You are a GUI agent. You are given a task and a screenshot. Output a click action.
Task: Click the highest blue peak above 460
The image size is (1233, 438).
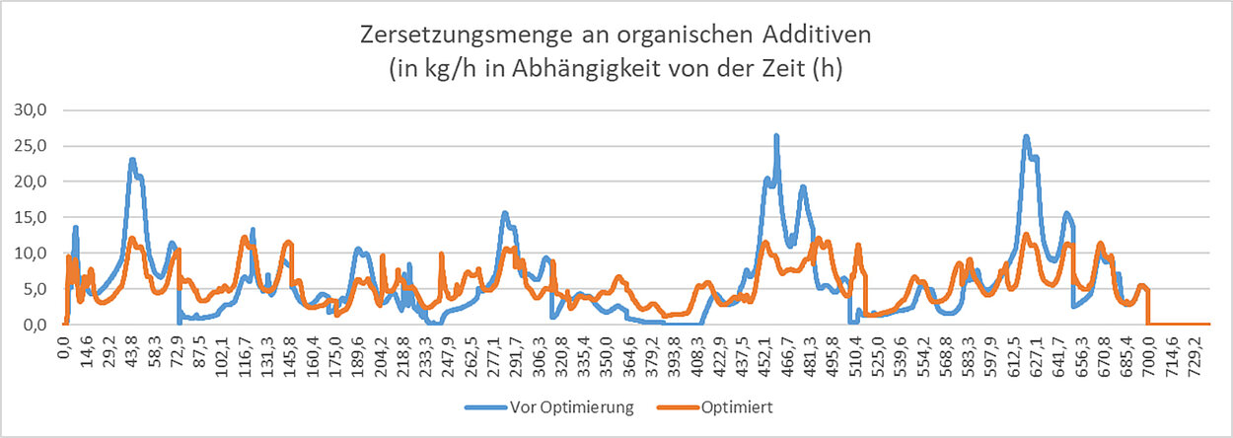coord(776,136)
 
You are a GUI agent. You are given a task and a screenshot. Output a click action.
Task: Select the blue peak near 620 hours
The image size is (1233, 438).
coord(1026,137)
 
